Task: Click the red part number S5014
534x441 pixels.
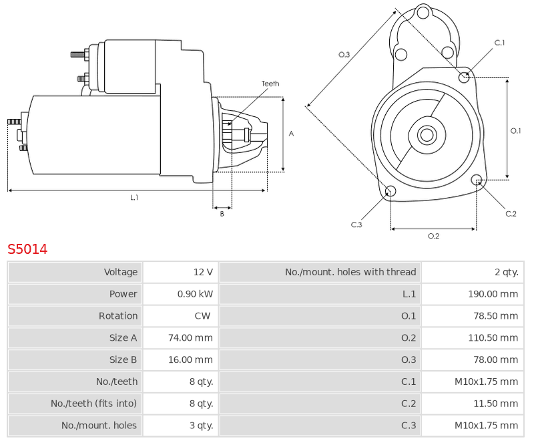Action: pyautogui.click(x=27, y=249)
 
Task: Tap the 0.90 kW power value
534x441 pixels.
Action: pyautogui.click(x=195, y=294)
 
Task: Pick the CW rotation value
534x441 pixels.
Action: pyautogui.click(x=202, y=315)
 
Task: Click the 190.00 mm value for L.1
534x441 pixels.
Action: pyautogui.click(x=493, y=294)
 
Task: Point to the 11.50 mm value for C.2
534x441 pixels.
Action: pyautogui.click(x=495, y=404)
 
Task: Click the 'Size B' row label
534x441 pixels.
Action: pyautogui.click(x=123, y=359)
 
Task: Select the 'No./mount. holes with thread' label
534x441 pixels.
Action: pyautogui.click(x=350, y=272)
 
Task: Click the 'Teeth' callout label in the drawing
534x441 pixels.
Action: pyautogui.click(x=270, y=84)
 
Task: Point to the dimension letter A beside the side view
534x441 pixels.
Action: pyautogui.click(x=291, y=134)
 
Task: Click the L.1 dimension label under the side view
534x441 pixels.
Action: pyautogui.click(x=134, y=197)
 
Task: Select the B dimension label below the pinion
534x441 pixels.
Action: pyautogui.click(x=222, y=214)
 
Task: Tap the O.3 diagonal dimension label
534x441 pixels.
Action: pyautogui.click(x=344, y=55)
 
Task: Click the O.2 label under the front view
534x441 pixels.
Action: pyautogui.click(x=433, y=236)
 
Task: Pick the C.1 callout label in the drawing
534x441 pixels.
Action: pyautogui.click(x=499, y=43)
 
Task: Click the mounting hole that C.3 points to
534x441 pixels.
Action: pyautogui.click(x=390, y=191)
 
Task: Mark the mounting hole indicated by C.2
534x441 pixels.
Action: pyautogui.click(x=477, y=180)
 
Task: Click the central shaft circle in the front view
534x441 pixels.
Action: pyautogui.click(x=427, y=134)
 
